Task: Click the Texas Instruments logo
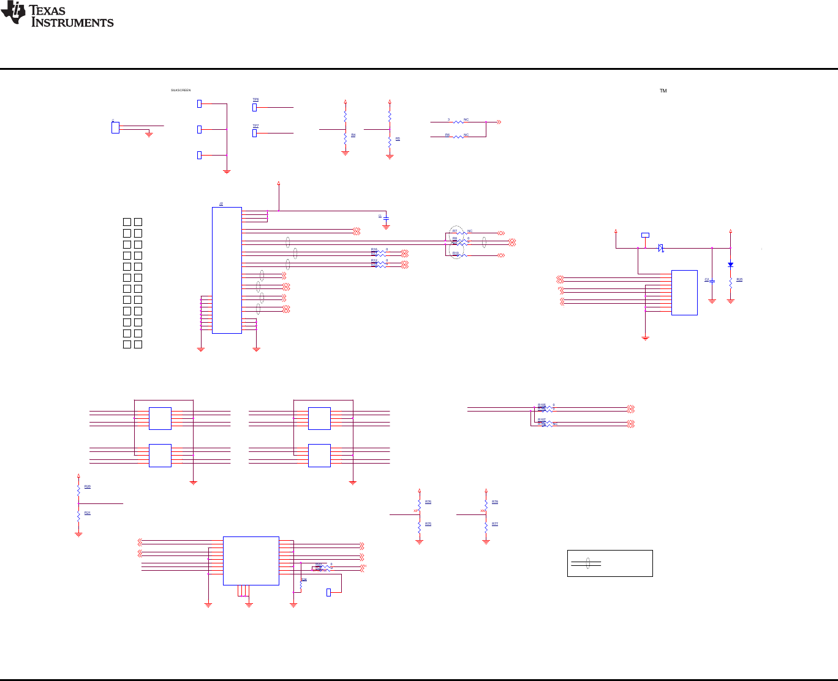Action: coord(57,15)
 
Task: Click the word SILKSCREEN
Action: coord(181,91)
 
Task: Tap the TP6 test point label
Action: coord(255,99)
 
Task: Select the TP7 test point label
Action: coord(255,126)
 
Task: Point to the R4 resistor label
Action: coord(353,135)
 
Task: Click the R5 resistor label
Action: coord(398,139)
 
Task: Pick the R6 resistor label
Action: coord(447,135)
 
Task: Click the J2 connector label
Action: coord(221,203)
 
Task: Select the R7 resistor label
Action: coord(455,231)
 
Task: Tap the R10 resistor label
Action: coord(455,253)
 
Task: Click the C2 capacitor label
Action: coord(706,279)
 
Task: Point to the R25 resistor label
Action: coord(739,279)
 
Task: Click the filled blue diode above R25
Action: coord(730,265)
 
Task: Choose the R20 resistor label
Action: coord(88,486)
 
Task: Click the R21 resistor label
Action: coord(88,513)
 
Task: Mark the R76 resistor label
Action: coord(428,502)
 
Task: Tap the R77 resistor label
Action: coord(495,524)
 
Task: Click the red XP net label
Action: coord(415,511)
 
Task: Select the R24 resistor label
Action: coord(304,579)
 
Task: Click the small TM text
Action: coord(663,91)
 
